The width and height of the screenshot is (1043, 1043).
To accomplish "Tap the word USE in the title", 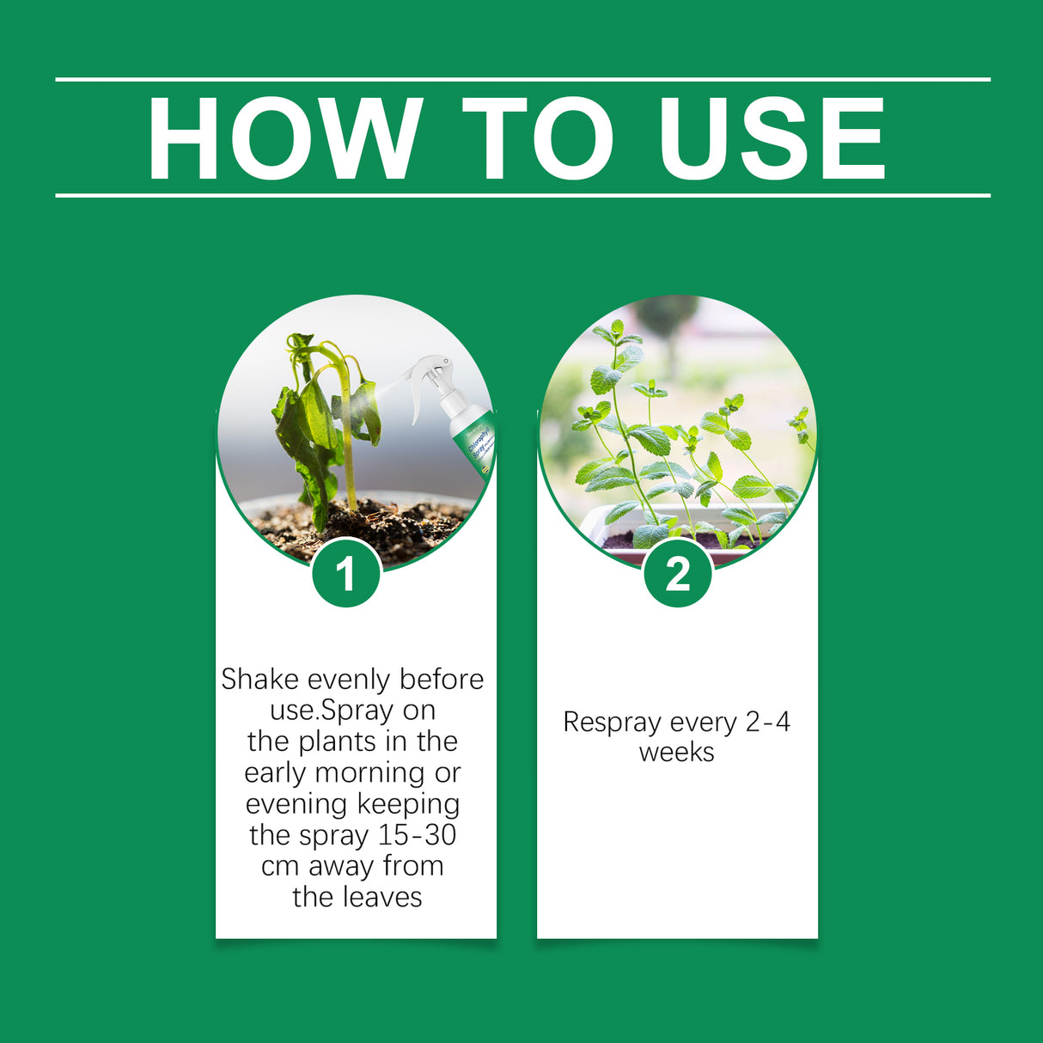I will [x=771, y=139].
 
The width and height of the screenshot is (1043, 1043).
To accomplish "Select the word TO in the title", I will [x=539, y=139].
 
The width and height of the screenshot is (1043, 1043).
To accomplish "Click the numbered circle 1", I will [x=346, y=573].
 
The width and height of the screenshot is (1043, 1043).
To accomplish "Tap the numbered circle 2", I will [x=678, y=573].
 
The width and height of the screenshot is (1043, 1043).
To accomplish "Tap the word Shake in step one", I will [x=259, y=680].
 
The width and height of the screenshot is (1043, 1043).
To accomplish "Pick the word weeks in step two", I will [x=677, y=753].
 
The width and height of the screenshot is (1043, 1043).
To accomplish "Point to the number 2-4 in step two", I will [x=767, y=723].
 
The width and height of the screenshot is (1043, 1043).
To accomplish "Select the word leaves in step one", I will [x=384, y=898].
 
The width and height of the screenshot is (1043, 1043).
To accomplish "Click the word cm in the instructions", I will [x=280, y=867].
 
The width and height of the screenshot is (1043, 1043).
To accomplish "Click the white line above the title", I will [x=522, y=80].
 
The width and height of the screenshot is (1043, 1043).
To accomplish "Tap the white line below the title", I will [x=522, y=196].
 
